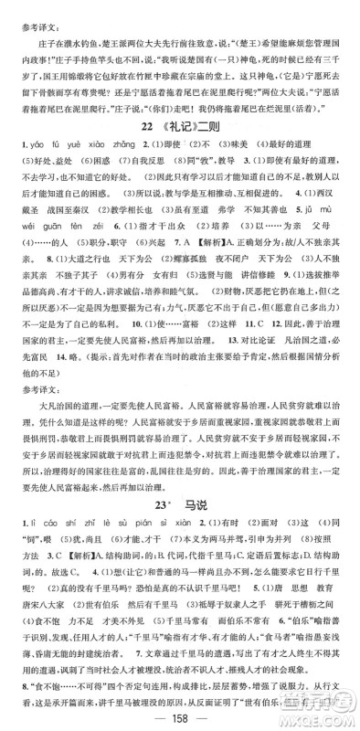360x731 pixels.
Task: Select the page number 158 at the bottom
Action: click(180, 715)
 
